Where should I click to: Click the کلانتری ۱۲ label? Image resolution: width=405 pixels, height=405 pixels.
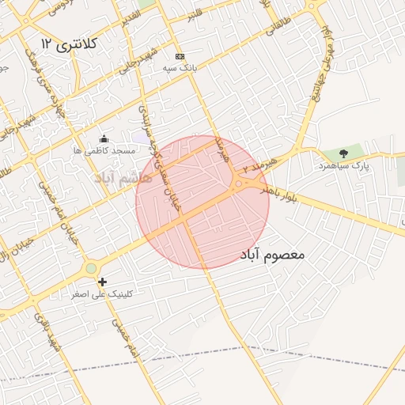click(70, 44)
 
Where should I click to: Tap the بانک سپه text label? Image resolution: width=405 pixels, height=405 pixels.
click(180, 68)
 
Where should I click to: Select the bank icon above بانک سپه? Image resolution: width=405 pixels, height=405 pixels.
click(180, 56)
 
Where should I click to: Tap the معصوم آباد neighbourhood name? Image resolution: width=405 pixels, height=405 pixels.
click(270, 255)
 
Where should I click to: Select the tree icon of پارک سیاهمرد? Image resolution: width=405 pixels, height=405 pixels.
click(343, 153)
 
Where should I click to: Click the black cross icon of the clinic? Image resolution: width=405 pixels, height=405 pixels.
click(101, 282)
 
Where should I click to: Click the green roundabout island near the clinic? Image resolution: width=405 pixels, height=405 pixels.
click(91, 268)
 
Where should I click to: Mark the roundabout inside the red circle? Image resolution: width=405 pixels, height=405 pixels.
click(238, 185)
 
